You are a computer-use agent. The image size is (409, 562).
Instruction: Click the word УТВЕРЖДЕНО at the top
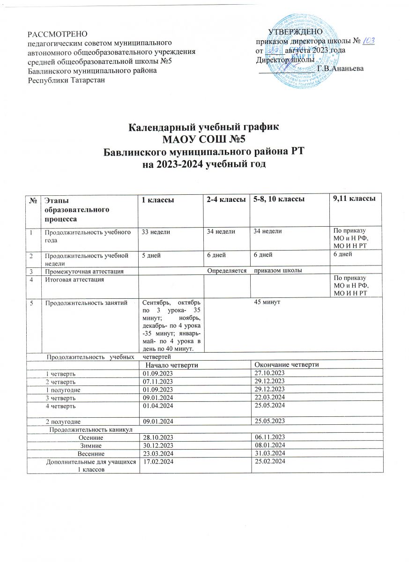coord(295,32)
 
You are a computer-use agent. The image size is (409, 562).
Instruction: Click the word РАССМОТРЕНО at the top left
coord(53,34)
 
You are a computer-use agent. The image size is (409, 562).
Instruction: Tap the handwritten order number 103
coord(368,41)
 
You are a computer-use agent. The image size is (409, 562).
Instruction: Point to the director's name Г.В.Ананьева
coord(340,69)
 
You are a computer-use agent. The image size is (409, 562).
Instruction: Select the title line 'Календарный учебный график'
coord(204,127)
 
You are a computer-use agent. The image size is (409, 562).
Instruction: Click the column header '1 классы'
coord(158,200)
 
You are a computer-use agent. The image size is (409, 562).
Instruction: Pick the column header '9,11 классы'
coord(354,200)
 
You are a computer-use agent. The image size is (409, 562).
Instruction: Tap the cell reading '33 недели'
coord(156,232)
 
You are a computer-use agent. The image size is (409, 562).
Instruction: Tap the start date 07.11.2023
coord(158,381)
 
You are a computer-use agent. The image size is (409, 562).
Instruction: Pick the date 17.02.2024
coord(158,462)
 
